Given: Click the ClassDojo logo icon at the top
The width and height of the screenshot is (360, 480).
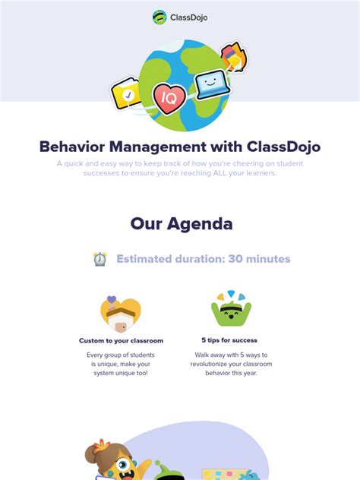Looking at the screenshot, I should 159,17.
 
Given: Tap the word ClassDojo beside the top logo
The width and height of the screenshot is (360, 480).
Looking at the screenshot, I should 188,17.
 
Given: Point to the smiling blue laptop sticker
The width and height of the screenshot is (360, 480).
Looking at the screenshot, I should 212,84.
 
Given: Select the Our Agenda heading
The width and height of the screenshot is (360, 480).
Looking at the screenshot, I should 181,223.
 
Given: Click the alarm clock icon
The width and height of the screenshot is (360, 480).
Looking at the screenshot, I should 99,259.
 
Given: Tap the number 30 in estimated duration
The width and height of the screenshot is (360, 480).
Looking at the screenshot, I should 235,259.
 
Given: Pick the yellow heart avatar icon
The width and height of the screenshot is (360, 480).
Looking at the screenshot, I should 121,312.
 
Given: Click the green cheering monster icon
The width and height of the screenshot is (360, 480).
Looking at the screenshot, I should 230,310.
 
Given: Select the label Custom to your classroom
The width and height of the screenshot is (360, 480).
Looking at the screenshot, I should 121,340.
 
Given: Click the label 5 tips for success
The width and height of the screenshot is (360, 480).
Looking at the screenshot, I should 229,340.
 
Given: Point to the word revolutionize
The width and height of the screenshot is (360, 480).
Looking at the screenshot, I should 209,365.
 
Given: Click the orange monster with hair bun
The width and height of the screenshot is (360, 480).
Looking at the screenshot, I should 114,459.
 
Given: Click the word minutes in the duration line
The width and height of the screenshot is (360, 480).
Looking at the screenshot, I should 268,259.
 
